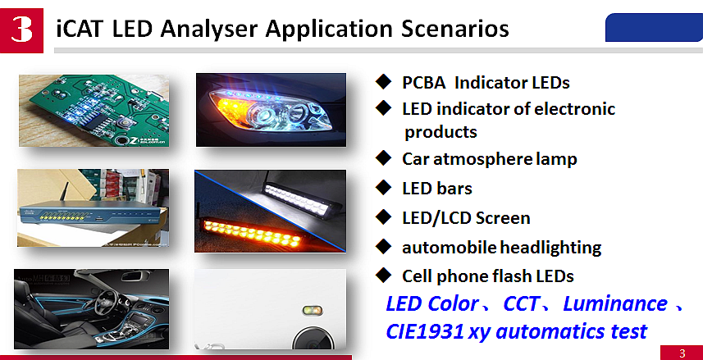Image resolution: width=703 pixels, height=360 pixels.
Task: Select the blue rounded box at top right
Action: point(653,27)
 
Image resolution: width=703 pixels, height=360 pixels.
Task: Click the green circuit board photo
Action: point(94,111)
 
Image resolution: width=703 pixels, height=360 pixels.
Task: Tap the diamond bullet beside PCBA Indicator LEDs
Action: point(382,82)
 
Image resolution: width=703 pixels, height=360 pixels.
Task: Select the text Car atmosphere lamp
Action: point(489,159)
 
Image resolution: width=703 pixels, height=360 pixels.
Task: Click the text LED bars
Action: point(436,189)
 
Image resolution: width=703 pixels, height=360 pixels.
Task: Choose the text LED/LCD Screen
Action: point(466,218)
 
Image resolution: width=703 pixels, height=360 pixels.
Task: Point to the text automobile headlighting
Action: point(501,248)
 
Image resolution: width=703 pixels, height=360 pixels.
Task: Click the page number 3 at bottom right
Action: point(682,353)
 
